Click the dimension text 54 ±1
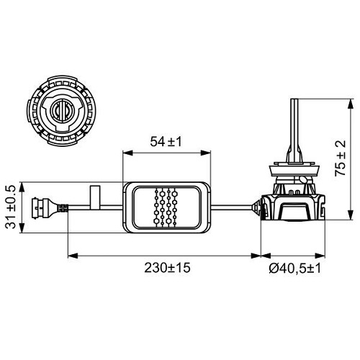(166, 142)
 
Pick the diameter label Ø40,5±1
(296, 266)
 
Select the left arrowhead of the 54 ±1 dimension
(127, 153)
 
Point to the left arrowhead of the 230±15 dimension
(71, 254)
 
